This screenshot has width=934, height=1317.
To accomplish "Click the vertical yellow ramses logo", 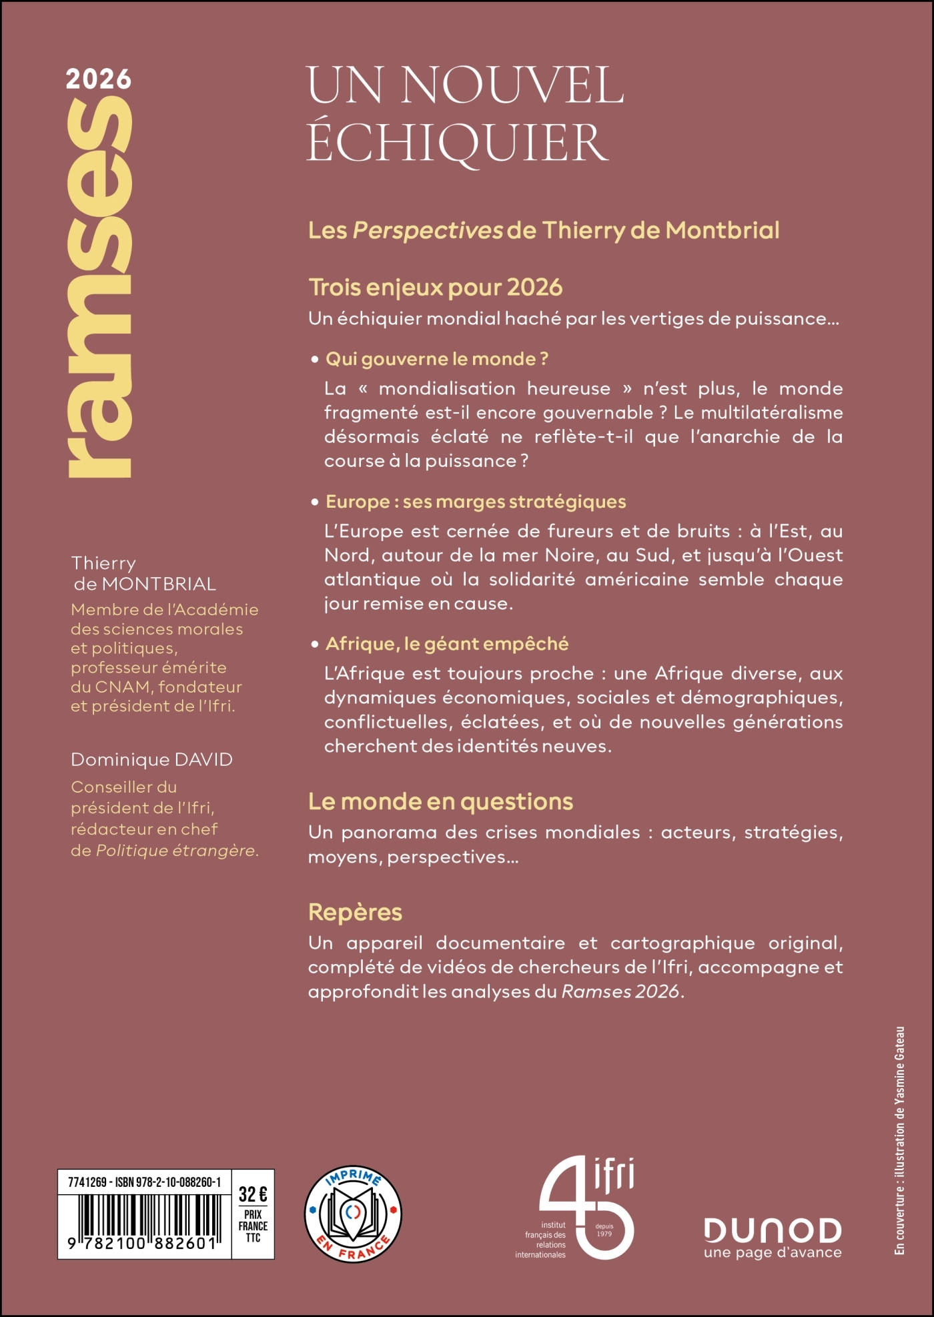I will [x=100, y=287].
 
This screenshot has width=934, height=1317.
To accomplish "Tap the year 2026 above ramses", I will [x=99, y=79].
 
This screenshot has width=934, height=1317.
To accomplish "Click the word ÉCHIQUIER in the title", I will [x=458, y=143].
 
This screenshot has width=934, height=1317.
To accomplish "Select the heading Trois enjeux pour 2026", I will [x=436, y=288].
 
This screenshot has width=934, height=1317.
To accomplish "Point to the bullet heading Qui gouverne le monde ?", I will [x=437, y=359].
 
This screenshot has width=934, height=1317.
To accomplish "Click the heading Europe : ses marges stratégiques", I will [x=476, y=502].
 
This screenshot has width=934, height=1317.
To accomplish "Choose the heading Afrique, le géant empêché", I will [x=447, y=644].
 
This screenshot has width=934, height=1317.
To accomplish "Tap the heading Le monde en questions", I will [x=440, y=801].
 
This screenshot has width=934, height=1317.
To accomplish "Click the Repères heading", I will [x=355, y=912].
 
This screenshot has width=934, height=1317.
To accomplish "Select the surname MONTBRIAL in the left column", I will [x=159, y=584].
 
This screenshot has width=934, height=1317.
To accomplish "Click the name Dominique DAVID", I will [x=151, y=760].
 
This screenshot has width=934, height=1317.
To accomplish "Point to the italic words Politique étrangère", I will [x=176, y=851].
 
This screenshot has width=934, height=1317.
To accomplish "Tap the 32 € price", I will [x=253, y=1194].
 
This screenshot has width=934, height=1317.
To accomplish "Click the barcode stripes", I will [x=143, y=1217].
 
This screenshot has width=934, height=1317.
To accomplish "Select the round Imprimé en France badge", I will [x=353, y=1214].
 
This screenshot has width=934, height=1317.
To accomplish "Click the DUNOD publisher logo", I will [x=773, y=1231].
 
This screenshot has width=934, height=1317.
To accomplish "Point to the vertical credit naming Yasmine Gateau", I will [x=900, y=1141].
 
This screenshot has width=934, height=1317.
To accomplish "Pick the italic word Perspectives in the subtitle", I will [x=427, y=231].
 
